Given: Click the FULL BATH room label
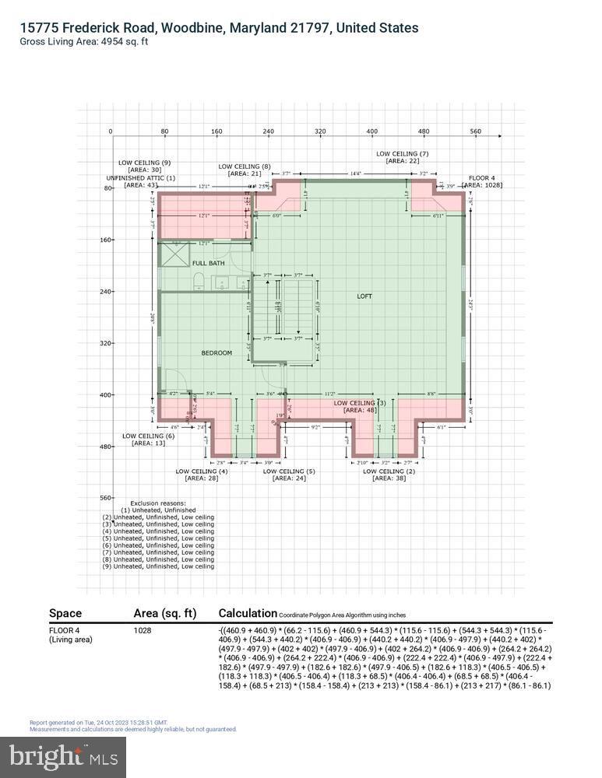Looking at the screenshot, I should point(209,263).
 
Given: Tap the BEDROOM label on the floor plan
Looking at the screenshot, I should point(217,352).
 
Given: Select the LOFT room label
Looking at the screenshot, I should point(364,296).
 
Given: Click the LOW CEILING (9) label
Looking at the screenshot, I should point(144,163).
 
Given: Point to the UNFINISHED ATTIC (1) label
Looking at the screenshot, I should point(140,177).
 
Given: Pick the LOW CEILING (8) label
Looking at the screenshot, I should point(245,166).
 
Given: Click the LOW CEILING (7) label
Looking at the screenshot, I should point(402,154).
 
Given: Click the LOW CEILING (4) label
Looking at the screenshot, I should point(202,471).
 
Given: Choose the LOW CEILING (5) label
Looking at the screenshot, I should point(289,471).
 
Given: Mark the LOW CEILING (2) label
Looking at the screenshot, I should point(389,471).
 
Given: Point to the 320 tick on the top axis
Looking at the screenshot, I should point(320,131).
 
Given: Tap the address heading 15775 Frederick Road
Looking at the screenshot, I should point(219,28).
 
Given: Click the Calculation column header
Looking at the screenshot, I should point(248,613).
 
